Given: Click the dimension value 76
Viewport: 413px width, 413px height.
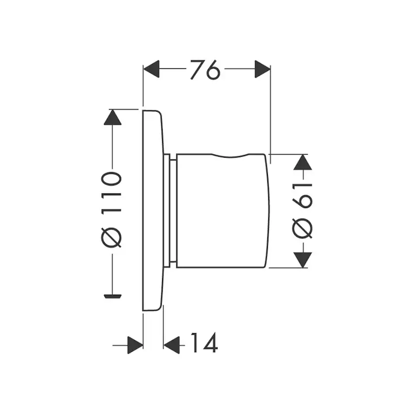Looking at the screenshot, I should (x=205, y=69).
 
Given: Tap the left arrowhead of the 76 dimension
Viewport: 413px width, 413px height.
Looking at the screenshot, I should (x=151, y=69).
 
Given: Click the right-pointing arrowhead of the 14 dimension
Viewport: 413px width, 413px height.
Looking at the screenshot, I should (x=135, y=344).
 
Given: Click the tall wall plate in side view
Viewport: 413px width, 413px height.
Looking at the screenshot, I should (x=152, y=209).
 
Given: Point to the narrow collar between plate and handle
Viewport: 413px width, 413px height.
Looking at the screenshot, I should (x=170, y=209).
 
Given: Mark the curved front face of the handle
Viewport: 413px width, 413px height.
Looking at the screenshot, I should (x=268, y=209).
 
